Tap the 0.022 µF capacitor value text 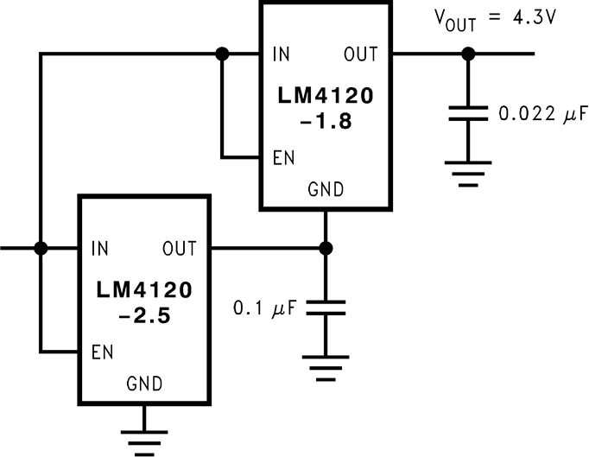536,112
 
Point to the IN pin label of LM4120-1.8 282,54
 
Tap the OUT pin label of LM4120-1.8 360,54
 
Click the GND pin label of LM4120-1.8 326,190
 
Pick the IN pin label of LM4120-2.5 100,249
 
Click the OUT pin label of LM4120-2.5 179,249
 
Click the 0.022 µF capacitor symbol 467,114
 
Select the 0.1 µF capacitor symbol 326,308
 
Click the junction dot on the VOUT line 467,54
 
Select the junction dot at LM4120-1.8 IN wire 222,54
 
